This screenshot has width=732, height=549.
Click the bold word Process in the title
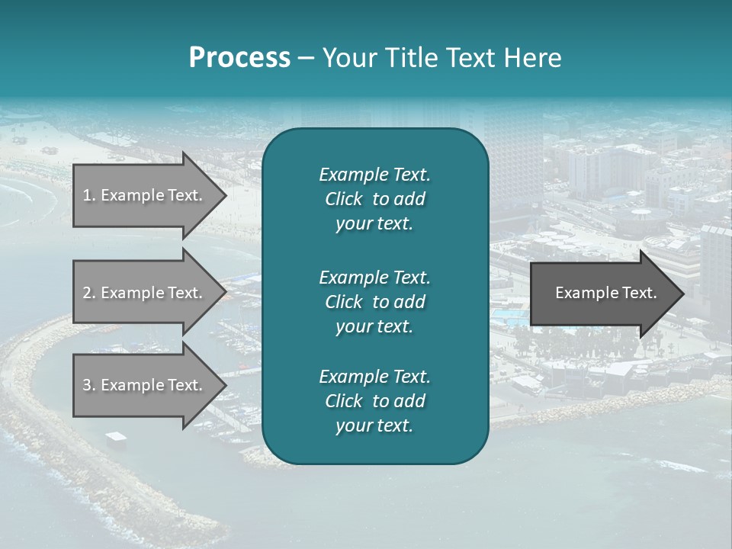(x=239, y=58)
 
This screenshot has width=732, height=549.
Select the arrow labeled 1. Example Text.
(x=145, y=195)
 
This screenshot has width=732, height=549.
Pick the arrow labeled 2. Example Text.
(x=145, y=293)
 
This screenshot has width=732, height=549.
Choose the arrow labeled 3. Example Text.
(x=145, y=385)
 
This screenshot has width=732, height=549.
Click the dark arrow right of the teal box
(x=602, y=294)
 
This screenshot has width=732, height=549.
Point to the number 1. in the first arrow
(x=89, y=195)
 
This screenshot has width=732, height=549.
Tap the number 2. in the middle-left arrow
(x=89, y=293)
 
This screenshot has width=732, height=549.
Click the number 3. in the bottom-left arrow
(x=89, y=385)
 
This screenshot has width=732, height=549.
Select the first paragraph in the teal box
(x=374, y=199)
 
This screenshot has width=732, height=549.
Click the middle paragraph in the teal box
(x=374, y=302)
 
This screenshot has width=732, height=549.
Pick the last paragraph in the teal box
(x=374, y=401)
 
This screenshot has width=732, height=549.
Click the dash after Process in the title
(x=307, y=59)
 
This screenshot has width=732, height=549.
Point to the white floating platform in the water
(x=116, y=436)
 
